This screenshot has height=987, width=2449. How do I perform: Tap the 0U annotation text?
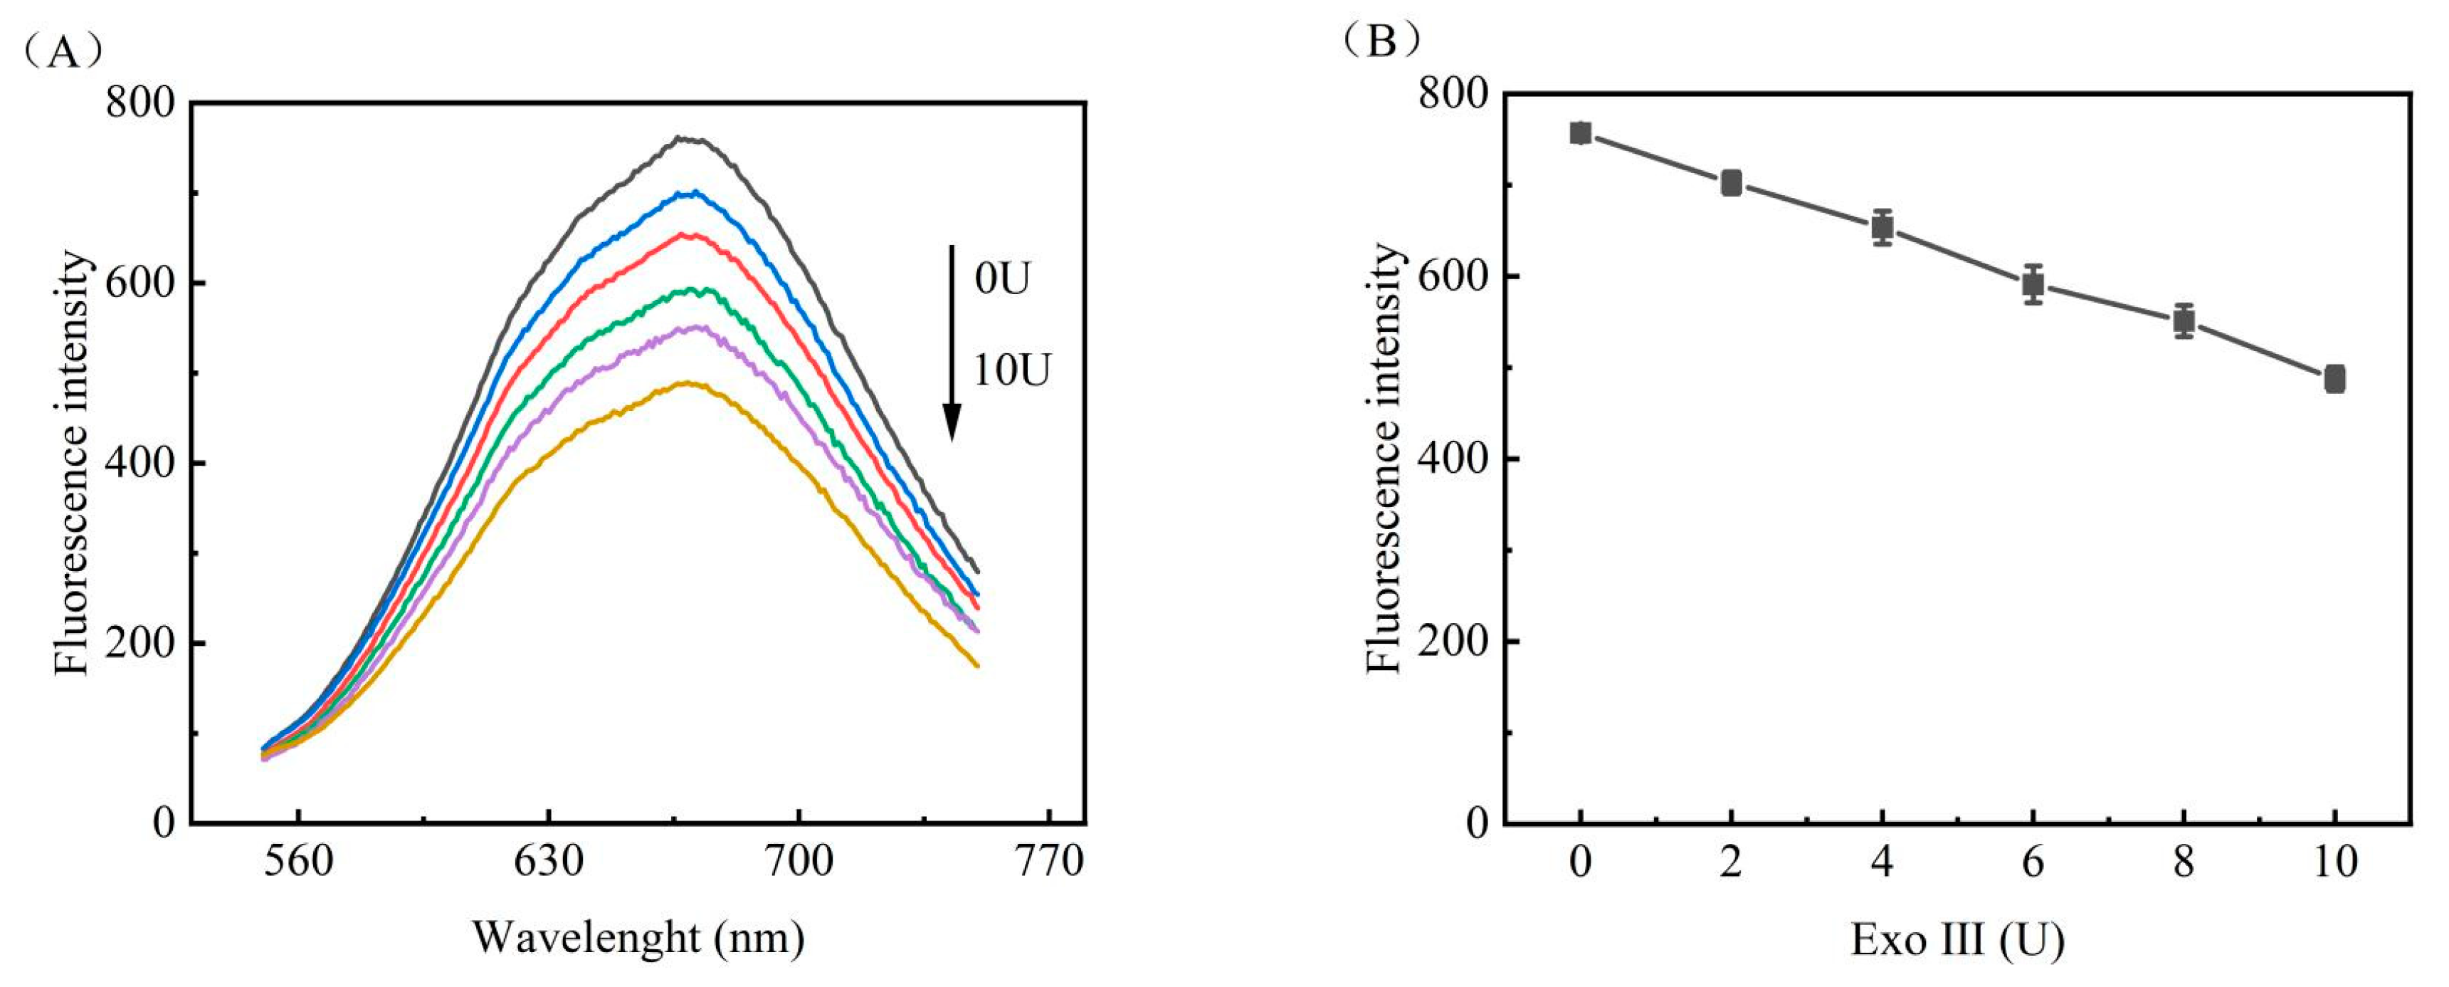[1001, 280]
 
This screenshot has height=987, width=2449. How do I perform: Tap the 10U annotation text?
[1011, 370]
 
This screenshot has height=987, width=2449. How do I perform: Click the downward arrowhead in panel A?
[952, 422]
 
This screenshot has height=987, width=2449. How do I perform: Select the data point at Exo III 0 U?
[1581, 133]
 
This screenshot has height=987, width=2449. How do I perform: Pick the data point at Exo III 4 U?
[1882, 227]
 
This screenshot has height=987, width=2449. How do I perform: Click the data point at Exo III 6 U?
[2033, 283]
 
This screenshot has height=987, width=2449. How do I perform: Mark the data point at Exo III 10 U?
[2334, 378]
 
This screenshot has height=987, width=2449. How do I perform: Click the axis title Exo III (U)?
[1957, 939]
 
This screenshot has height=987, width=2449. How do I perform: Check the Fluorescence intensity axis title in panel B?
[1384, 459]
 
